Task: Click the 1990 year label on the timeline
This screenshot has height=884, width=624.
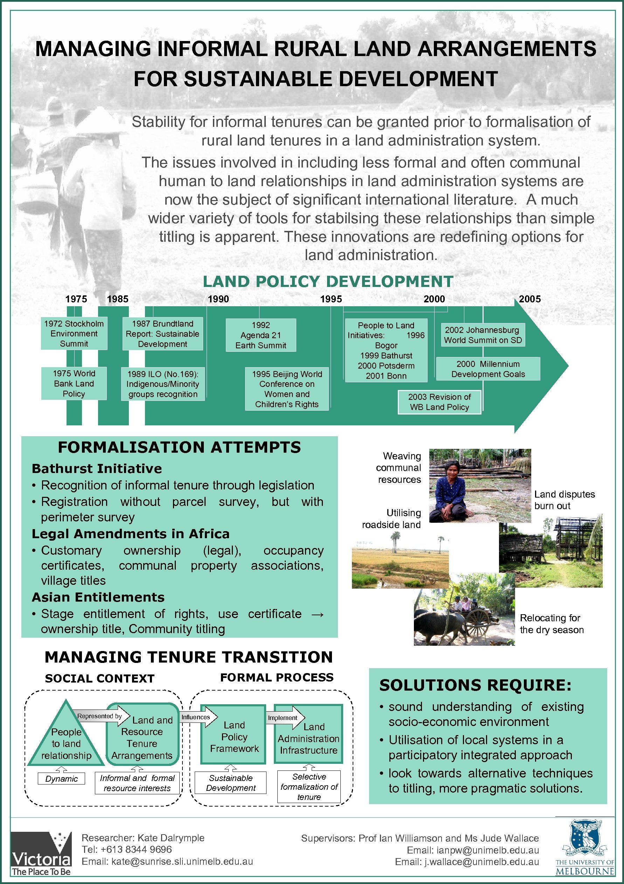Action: click(218, 299)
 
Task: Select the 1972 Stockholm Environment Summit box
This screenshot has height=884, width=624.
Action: click(74, 334)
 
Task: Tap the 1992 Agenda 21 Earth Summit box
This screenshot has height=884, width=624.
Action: click(261, 335)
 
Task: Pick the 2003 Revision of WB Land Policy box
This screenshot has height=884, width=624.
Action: click(439, 402)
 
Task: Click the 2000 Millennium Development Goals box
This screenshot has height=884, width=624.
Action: click(488, 369)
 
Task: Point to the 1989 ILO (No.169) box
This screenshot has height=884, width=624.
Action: click(163, 384)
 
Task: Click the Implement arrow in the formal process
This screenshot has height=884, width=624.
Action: click(285, 718)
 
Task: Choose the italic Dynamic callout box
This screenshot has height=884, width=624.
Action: click(62, 779)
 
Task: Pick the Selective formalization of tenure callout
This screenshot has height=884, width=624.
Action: click(309, 787)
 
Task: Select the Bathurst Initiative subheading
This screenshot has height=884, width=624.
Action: click(97, 468)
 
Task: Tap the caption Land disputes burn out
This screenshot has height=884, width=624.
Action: click(564, 500)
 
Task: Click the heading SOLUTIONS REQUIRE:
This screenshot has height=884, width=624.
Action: click(475, 685)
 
